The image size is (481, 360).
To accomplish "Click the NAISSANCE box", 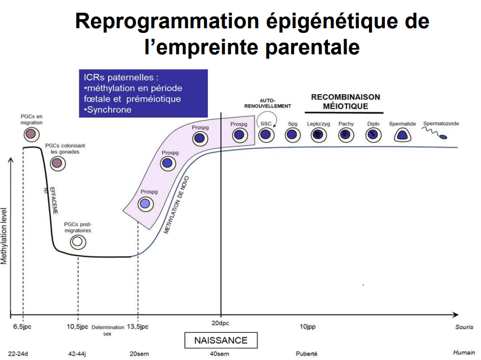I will point(220,340).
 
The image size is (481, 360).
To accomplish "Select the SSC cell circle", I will point(266,135).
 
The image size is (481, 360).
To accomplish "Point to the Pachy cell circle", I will point(346,135).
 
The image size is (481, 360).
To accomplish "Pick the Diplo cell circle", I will point(373,135).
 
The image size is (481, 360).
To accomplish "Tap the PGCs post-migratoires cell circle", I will point(78,242).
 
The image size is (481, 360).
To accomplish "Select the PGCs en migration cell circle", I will point(31,134).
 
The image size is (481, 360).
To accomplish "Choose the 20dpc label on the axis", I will point(220,322).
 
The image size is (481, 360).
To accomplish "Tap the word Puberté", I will point(307,353).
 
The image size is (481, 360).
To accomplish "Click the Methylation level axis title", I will point(5,236).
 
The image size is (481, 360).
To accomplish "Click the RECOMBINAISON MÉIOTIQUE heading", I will point(345,101).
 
